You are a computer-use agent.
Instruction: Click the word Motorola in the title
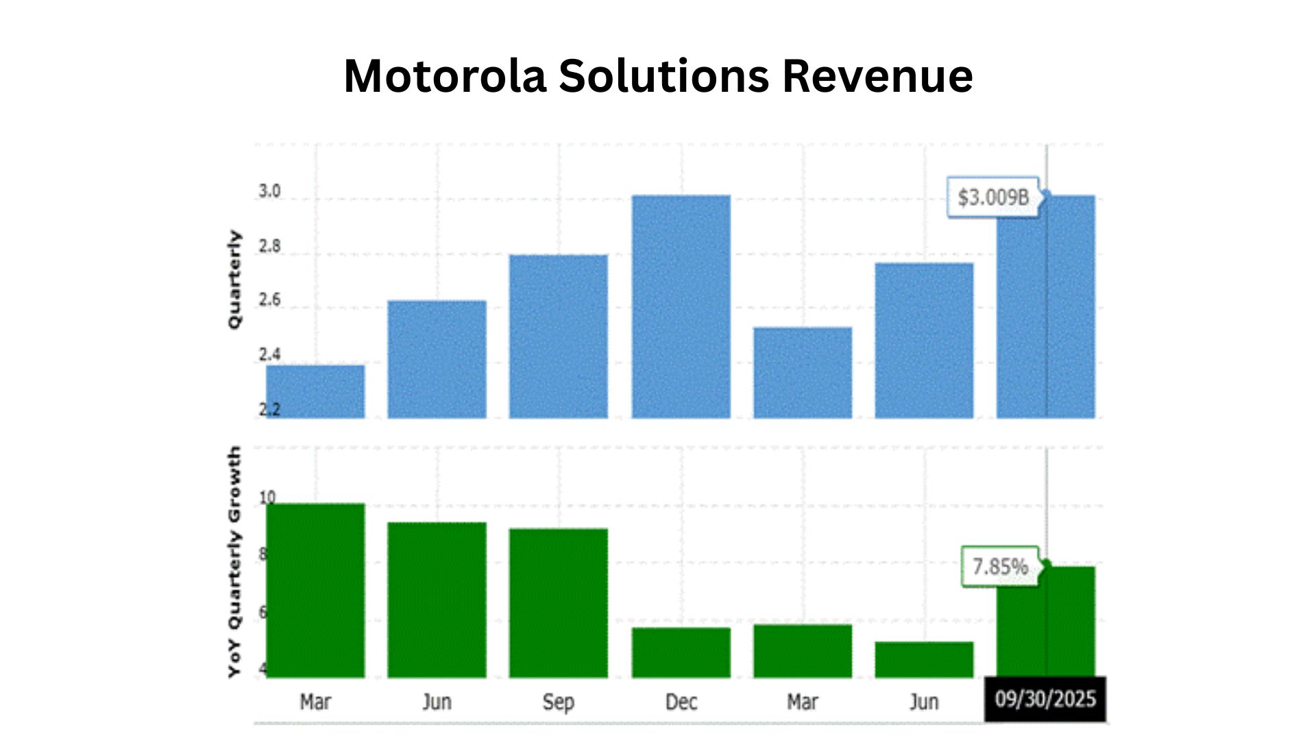[445, 75]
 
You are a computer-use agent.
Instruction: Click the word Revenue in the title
[877, 75]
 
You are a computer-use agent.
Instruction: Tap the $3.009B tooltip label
[993, 197]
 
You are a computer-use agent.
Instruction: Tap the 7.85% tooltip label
[1000, 567]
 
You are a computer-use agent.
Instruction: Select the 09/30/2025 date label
[1045, 700]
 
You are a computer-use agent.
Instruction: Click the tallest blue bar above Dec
[681, 306]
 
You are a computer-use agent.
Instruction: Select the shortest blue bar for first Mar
[315, 391]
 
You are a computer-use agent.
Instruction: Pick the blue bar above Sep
[558, 336]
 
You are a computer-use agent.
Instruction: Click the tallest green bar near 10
[315, 591]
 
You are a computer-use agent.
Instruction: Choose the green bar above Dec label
[681, 652]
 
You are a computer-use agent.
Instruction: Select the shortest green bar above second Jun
[924, 660]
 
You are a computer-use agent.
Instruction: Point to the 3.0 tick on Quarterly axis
[269, 191]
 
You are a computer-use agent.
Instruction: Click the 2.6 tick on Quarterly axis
[269, 299]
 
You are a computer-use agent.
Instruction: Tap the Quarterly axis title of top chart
[234, 280]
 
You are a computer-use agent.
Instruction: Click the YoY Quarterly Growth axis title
[234, 562]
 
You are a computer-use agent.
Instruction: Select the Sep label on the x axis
[558, 702]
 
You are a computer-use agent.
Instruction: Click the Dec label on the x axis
[681, 702]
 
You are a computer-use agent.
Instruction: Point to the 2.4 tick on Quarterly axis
[269, 354]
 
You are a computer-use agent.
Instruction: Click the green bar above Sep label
[558, 603]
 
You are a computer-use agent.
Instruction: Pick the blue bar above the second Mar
[803, 372]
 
